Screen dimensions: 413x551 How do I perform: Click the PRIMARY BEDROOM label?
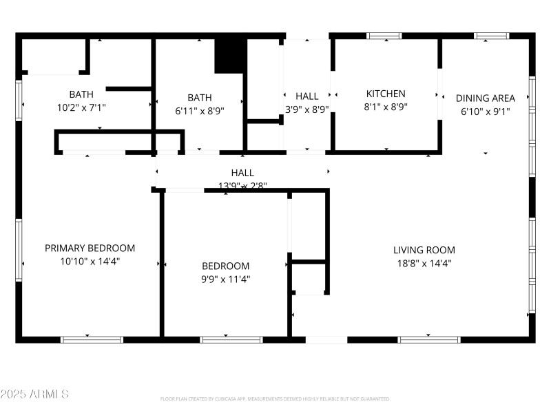tap(90, 248)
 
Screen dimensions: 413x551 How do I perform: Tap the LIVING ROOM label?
tap(424, 250)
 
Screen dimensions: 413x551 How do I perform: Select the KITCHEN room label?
tap(386, 94)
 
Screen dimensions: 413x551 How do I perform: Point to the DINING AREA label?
tap(485, 98)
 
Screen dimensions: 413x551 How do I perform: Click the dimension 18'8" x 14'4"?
tap(424, 263)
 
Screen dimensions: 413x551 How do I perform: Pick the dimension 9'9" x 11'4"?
tap(225, 279)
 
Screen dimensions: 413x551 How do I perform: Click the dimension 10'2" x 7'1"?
tap(81, 107)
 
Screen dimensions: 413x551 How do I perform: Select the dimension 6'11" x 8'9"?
tap(200, 110)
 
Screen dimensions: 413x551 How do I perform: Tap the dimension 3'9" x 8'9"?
tap(307, 109)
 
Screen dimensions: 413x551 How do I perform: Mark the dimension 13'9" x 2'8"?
tap(242, 185)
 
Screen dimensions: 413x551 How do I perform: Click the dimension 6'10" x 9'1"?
tap(485, 111)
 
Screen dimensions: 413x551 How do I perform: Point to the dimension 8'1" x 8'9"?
tap(386, 107)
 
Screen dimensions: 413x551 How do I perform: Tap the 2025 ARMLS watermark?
tap(34, 394)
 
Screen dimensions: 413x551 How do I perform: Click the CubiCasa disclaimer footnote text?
tap(275, 399)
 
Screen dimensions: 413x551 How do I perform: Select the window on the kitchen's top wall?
tap(384, 36)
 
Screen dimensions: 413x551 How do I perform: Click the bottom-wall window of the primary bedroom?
tap(92, 339)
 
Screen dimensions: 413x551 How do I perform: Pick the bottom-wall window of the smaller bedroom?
tap(231, 339)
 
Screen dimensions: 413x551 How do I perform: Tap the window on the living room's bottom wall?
tap(429, 339)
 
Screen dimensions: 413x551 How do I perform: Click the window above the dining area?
tap(492, 36)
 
